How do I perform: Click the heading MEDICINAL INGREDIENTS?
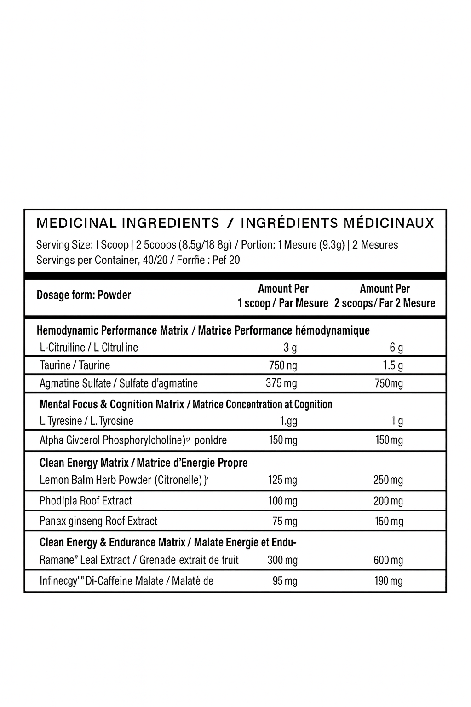[127, 223]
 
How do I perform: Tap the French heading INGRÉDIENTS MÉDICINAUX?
[337, 223]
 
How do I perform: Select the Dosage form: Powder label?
[84, 295]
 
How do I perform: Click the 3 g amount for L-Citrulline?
[290, 348]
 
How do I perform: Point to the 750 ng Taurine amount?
[283, 365]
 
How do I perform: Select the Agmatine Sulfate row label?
[119, 383]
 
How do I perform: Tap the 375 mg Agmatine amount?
[281, 383]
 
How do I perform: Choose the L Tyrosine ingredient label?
[86, 421]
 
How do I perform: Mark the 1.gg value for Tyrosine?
[288, 421]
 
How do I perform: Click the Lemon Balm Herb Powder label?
[121, 480]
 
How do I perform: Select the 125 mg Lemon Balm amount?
[282, 480]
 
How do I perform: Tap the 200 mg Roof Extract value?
[388, 501]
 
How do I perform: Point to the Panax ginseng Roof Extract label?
[98, 521]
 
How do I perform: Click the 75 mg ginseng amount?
[285, 521]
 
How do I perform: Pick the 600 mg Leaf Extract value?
[388, 560]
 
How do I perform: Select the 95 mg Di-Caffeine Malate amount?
[285, 581]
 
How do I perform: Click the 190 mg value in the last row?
[389, 581]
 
